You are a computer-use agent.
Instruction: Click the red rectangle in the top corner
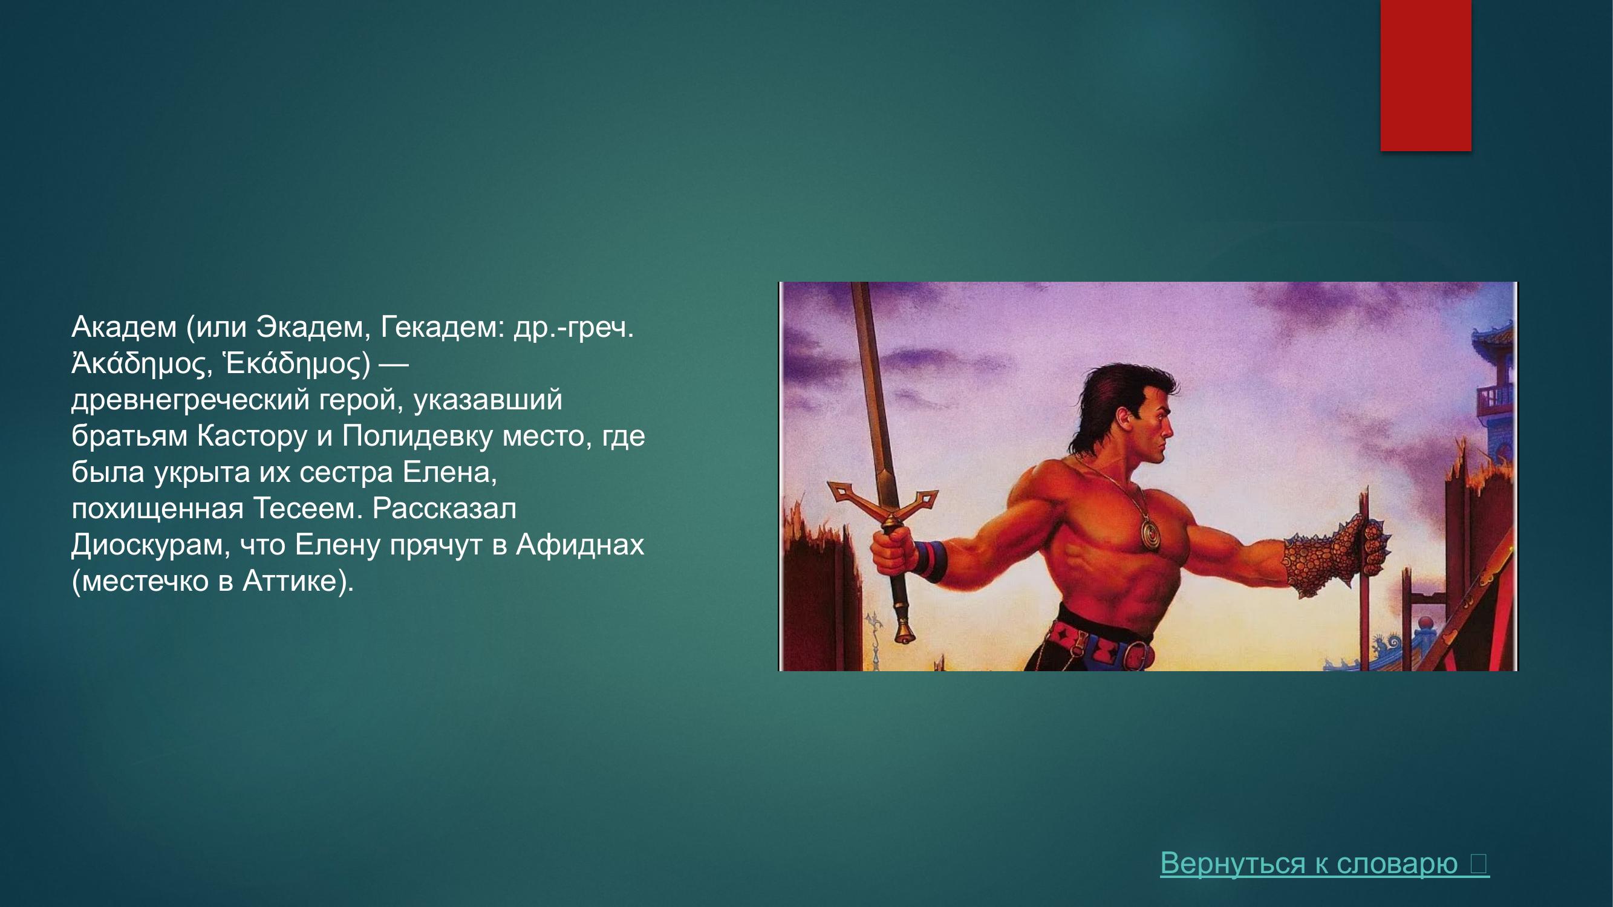1426,75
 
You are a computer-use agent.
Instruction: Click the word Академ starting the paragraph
124,327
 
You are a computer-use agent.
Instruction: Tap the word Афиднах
580,545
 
